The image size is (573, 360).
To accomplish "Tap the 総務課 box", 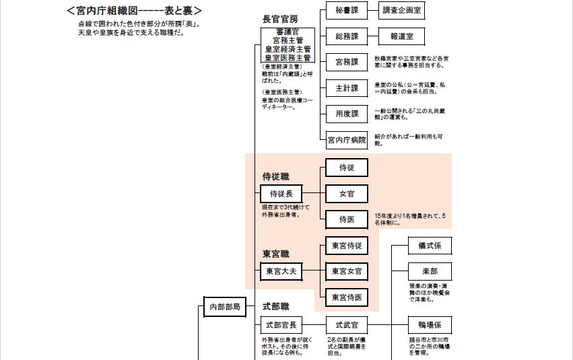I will tap(347, 36).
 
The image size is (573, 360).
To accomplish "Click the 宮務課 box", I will tap(347, 62).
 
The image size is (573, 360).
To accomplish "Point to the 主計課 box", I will tap(347, 88).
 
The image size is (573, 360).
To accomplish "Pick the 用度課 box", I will tap(347, 113).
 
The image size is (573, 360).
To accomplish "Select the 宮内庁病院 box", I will tap(347, 140).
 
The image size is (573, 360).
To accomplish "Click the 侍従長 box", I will tap(281, 194).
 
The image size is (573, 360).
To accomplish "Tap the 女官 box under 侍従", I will tap(347, 194).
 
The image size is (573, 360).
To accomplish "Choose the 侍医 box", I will tap(347, 219).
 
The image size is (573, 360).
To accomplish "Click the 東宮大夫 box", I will tap(281, 271).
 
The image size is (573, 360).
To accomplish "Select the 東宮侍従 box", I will tap(347, 246).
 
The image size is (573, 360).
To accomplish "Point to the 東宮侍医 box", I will tap(347, 297).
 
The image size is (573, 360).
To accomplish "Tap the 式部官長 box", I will tap(281, 325).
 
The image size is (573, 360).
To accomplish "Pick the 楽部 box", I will tap(430, 271).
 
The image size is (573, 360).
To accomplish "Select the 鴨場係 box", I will tap(430, 325).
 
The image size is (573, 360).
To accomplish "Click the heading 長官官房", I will tap(279, 18).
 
